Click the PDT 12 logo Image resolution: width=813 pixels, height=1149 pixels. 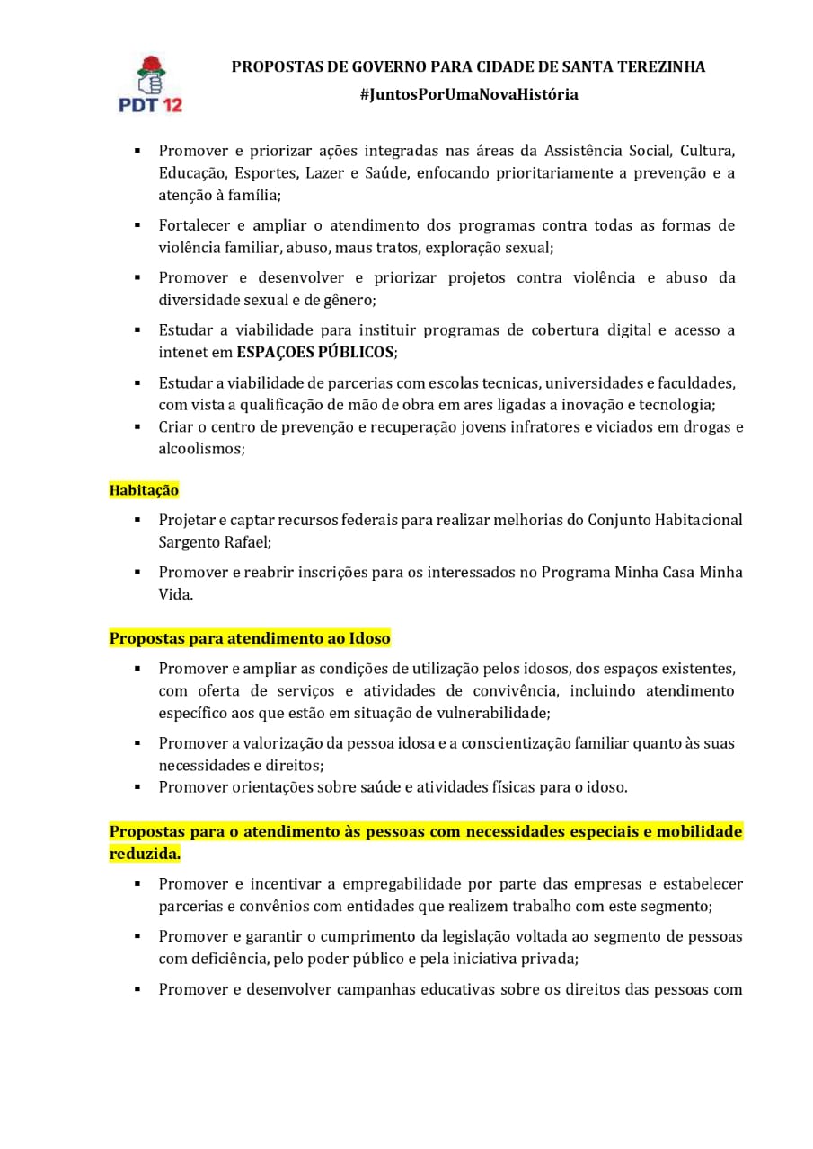(150, 83)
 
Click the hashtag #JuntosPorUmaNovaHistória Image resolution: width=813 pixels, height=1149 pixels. (468, 94)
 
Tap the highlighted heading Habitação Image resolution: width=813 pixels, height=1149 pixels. (144, 490)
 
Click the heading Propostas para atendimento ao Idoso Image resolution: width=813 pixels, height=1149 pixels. (250, 638)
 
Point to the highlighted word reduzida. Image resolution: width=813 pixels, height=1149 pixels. (145, 854)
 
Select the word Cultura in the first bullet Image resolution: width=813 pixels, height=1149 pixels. (708, 150)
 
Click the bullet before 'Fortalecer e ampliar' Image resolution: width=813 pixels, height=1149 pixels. (137, 224)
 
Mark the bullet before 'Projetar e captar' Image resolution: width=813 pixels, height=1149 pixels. (137, 520)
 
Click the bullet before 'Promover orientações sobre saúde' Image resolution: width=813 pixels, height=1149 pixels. (137, 787)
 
